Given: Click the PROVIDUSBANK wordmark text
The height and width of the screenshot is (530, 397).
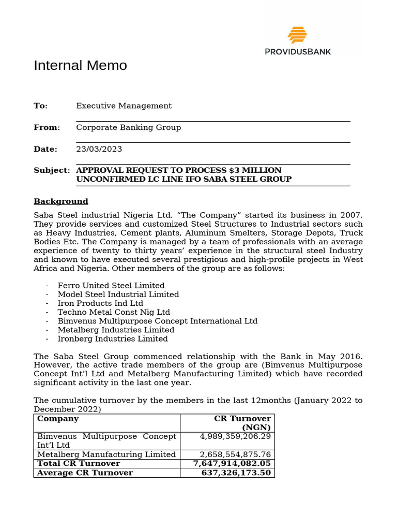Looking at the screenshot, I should pyautogui.click(x=298, y=51).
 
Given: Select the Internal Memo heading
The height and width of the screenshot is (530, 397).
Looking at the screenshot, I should pyautogui.click(x=80, y=66).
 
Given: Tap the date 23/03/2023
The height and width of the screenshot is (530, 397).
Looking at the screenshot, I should pyautogui.click(x=99, y=149).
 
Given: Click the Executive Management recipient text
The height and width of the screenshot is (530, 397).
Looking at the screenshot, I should pyautogui.click(x=124, y=106).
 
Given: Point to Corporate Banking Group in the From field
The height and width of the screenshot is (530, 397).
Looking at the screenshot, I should pyautogui.click(x=128, y=127).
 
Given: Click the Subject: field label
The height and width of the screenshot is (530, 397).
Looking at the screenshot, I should pyautogui.click(x=52, y=170).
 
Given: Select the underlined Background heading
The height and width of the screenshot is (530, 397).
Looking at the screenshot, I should pyautogui.click(x=61, y=201).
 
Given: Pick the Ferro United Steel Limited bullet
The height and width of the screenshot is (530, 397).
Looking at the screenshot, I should pyautogui.click(x=111, y=286).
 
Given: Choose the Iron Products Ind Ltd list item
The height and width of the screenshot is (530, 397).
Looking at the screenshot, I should pyautogui.click(x=100, y=303).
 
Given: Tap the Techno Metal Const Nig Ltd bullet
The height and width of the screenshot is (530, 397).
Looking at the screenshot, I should pyautogui.click(x=114, y=312).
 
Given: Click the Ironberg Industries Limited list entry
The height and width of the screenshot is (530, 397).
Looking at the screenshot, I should pyautogui.click(x=113, y=338).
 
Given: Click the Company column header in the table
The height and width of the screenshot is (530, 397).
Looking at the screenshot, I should pyautogui.click(x=58, y=419).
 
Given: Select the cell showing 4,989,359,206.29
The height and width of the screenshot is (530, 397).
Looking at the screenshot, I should pyautogui.click(x=235, y=436).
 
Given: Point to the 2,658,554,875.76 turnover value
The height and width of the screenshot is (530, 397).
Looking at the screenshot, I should pyautogui.click(x=235, y=454).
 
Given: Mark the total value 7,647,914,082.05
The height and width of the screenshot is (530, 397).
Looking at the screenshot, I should pyautogui.click(x=232, y=463).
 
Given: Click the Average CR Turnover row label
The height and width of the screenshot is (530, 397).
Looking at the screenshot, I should pyautogui.click(x=85, y=473).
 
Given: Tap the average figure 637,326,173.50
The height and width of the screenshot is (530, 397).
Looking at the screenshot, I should pyautogui.click(x=236, y=473).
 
